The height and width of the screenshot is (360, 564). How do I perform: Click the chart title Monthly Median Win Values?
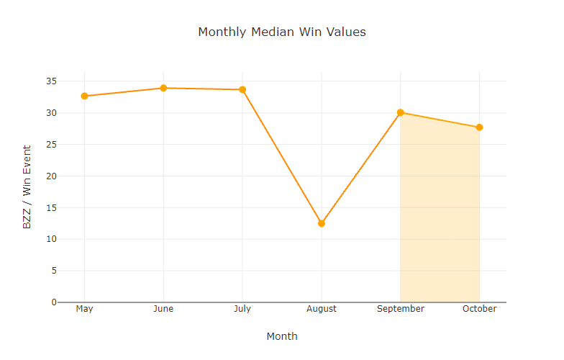tap(281, 32)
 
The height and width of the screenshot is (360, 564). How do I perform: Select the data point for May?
tap(84, 96)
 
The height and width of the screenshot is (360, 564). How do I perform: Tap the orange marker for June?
tap(163, 88)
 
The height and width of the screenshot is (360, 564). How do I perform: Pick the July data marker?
tap(242, 89)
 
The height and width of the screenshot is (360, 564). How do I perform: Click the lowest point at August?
tap(322, 223)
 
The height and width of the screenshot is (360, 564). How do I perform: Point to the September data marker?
tap(401, 112)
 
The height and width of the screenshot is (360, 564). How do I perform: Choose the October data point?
tap(479, 127)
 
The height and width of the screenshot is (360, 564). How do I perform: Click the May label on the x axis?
tap(84, 309)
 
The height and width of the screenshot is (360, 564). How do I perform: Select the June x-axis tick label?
tap(163, 309)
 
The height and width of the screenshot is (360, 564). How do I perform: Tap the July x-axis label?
tap(242, 309)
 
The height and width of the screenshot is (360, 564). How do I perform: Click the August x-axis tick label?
tap(322, 309)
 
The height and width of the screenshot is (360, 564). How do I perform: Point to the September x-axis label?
tap(401, 309)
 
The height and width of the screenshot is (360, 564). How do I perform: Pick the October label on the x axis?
tap(479, 309)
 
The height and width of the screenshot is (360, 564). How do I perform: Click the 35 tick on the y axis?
tap(51, 81)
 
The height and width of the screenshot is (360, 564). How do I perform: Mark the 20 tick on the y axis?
tap(51, 176)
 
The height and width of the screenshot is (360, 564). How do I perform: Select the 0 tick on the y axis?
tap(53, 302)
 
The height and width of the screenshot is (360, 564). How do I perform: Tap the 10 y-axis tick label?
tap(51, 239)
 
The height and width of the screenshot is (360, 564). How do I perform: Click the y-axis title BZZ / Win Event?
tap(27, 187)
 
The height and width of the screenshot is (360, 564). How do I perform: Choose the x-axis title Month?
tap(281, 336)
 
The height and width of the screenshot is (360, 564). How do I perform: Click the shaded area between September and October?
tap(440, 216)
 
